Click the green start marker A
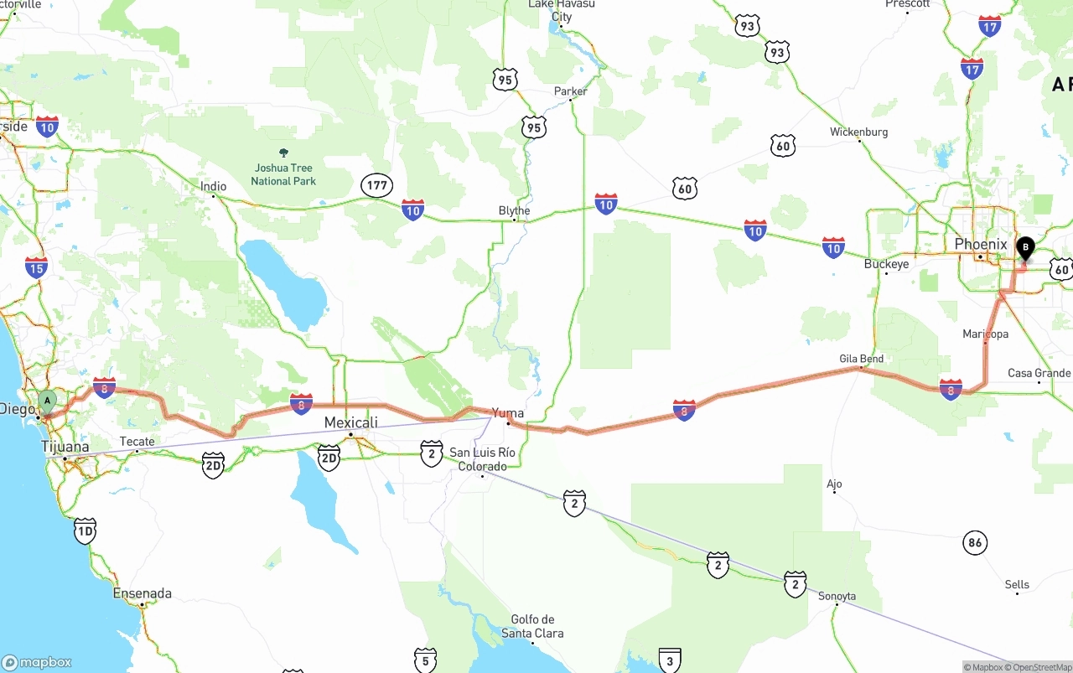[x=47, y=401]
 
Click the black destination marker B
[x=1024, y=248]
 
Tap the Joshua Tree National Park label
[x=283, y=173]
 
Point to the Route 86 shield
[x=974, y=542]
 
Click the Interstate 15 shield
[x=36, y=267]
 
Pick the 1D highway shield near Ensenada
[x=85, y=531]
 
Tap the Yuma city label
[x=508, y=412]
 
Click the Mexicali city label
[x=350, y=422]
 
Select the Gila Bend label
[x=861, y=359]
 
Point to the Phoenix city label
[x=980, y=245]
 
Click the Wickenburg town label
[x=858, y=132]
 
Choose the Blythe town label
[x=514, y=210]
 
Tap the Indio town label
[x=213, y=186]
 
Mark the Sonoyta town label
[x=837, y=596]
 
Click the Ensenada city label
[x=142, y=593]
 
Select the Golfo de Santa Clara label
[x=532, y=626]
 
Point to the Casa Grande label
[x=1039, y=373]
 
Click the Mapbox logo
[x=37, y=662]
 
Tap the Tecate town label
[x=137, y=442]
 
